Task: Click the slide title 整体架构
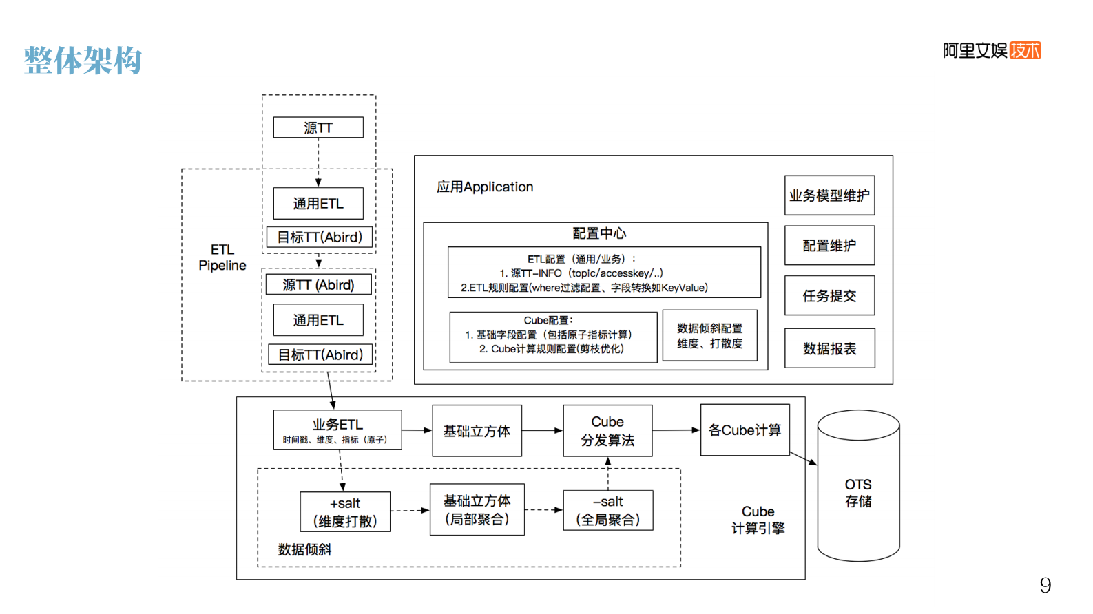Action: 83,61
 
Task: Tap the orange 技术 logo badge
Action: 1025,50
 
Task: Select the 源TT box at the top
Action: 318,127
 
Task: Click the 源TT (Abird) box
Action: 318,284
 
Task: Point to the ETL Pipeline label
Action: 222,257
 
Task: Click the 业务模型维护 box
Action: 829,195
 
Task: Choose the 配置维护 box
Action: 829,245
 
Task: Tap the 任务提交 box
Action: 829,295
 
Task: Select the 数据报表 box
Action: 829,348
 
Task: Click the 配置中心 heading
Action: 598,233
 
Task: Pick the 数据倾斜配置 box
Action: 709,335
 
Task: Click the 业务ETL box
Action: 337,430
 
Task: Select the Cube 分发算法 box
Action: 607,430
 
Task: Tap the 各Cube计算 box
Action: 745,430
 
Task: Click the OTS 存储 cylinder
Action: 857,492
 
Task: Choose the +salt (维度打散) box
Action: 345,511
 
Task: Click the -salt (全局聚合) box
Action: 607,510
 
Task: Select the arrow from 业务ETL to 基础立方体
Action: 417,430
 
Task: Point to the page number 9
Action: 1045,585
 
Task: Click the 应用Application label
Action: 484,187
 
